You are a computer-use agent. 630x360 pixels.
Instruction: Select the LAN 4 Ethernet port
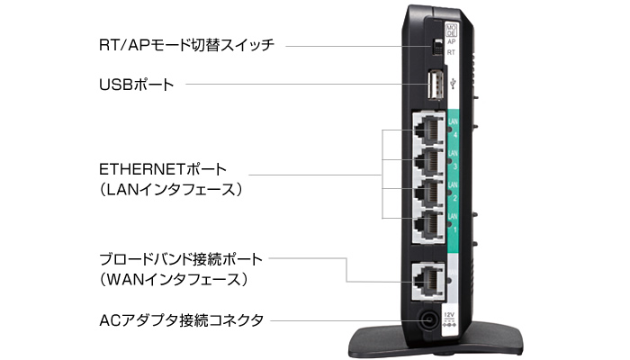427,131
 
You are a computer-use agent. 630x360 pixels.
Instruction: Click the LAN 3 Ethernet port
427,162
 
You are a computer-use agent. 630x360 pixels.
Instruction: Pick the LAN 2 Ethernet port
427,193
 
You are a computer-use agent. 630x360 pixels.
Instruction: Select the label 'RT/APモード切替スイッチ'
185,43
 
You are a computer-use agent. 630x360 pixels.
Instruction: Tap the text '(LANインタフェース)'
172,190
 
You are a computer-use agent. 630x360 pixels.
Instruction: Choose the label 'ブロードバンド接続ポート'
181,259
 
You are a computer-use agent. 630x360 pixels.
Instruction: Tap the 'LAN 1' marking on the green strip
453,224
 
